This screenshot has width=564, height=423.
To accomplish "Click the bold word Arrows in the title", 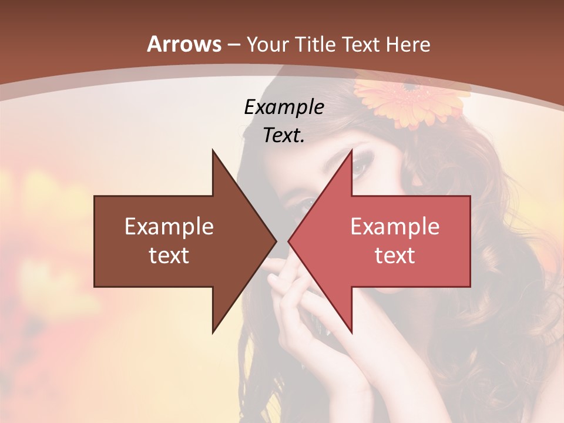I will coord(184,44).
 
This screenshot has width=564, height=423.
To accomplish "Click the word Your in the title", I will coord(268,44).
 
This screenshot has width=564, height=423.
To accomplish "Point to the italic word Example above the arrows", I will coord(284,107).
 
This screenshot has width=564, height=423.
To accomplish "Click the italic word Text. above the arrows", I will coord(284,135).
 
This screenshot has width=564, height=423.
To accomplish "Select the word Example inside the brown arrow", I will coord(169,227).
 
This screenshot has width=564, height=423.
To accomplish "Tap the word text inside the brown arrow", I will coord(169,256).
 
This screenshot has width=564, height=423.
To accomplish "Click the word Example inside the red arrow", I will coord(395,227).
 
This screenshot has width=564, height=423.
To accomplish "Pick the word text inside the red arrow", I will coord(395,256).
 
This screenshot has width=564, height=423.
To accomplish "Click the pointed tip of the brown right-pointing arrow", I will coord(276,241).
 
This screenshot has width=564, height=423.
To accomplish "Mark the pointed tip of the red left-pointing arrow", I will coord(289,241).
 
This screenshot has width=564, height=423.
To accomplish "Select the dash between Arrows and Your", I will coord(233,45).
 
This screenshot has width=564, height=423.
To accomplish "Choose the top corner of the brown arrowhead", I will coord(213,150).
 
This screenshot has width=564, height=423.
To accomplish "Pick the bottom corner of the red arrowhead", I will coord(351,333).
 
